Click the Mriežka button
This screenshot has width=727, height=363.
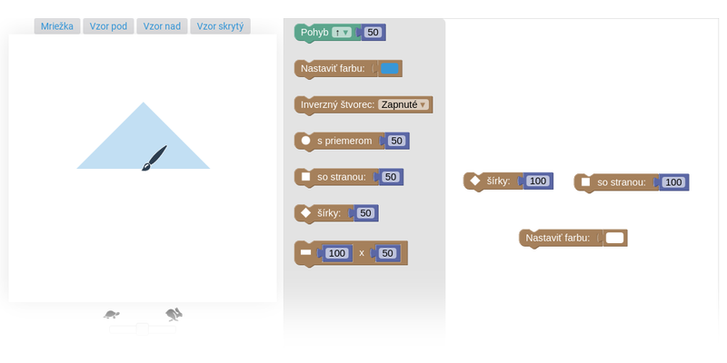pyautogui.click(x=57, y=26)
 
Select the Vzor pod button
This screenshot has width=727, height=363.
pyautogui.click(x=108, y=26)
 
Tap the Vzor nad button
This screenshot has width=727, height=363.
pyautogui.click(x=162, y=26)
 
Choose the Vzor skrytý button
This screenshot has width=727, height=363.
pyautogui.click(x=220, y=26)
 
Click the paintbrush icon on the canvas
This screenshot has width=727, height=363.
pyautogui.click(x=154, y=158)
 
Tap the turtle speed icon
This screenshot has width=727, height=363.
pyautogui.click(x=111, y=315)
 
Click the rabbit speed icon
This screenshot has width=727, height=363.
pyautogui.click(x=174, y=314)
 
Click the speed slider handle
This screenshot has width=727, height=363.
pyautogui.click(x=143, y=329)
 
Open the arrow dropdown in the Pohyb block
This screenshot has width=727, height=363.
pyautogui.click(x=343, y=33)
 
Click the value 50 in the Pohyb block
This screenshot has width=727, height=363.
pyautogui.click(x=373, y=33)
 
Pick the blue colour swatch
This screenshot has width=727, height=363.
pyautogui.click(x=390, y=69)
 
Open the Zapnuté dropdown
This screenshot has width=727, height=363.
pyautogui.click(x=403, y=104)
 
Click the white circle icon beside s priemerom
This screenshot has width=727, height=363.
pyautogui.click(x=306, y=141)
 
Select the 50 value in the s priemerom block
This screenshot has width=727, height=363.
pyautogui.click(x=396, y=141)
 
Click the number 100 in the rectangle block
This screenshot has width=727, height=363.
pyautogui.click(x=336, y=253)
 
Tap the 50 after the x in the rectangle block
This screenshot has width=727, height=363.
pyautogui.click(x=388, y=253)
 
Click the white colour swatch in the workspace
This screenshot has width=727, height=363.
pyautogui.click(x=615, y=238)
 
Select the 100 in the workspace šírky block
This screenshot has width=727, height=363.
pyautogui.click(x=538, y=181)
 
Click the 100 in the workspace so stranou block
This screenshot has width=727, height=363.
pyautogui.click(x=673, y=182)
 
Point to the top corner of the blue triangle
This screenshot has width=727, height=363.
pyautogui.click(x=144, y=103)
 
